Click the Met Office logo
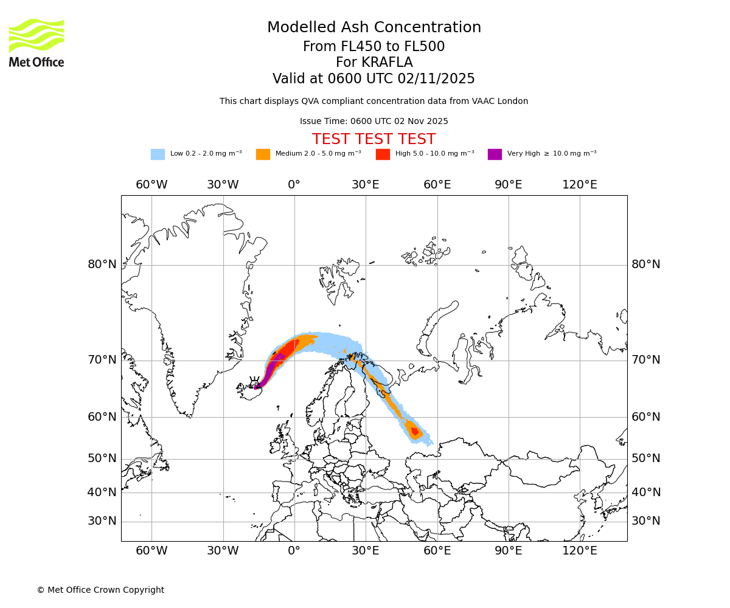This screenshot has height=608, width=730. (36, 43)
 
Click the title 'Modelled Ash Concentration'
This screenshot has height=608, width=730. (374, 28)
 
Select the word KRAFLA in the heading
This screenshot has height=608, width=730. (388, 63)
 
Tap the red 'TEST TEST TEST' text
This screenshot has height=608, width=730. (374, 140)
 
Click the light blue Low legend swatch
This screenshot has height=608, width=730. (158, 154)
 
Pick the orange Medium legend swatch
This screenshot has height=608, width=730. (263, 154)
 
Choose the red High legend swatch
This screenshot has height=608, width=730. (383, 154)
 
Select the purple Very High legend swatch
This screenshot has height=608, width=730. (495, 154)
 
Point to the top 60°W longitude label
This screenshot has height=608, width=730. (151, 185)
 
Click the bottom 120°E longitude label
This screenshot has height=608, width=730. (579, 551)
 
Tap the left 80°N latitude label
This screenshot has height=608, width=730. (102, 264)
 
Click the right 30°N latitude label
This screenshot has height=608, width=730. (645, 521)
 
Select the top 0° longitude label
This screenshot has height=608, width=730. (294, 185)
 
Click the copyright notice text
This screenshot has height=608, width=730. (100, 590)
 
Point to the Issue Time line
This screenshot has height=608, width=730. (374, 122)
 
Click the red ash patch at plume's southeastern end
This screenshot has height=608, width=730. (415, 431)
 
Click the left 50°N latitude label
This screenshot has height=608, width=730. (102, 458)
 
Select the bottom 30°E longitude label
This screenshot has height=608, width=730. (365, 551)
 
